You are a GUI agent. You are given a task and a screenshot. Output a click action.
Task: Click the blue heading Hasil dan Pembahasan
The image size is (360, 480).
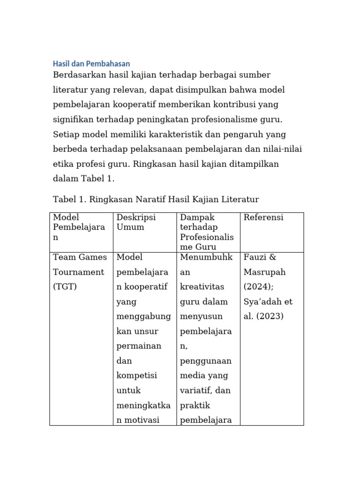[x=91, y=64]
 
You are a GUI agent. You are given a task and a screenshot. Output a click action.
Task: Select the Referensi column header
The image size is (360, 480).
[x=263, y=217]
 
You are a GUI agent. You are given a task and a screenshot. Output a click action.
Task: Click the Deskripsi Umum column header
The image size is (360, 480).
[x=136, y=222]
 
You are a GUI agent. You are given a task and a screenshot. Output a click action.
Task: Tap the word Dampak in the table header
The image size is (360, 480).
[x=197, y=217]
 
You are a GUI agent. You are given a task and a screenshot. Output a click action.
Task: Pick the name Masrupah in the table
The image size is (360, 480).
[x=264, y=272]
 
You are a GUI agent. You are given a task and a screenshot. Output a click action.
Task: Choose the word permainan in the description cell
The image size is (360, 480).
[x=139, y=346]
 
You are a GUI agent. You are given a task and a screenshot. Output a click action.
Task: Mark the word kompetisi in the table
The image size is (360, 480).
[x=136, y=375]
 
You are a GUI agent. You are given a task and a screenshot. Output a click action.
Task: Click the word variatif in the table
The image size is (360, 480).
[x=201, y=390]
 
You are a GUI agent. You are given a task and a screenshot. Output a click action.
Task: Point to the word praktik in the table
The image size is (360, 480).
[x=195, y=405]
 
